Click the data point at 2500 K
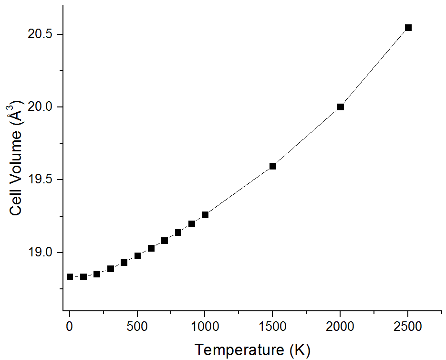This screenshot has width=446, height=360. (408, 28)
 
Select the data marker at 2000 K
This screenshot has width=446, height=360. (341, 107)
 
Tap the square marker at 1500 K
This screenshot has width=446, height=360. (273, 166)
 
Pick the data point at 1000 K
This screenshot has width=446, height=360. (205, 215)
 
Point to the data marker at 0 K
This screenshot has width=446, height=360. (70, 276)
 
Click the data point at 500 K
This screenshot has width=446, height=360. (137, 256)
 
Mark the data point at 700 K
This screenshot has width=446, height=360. (165, 241)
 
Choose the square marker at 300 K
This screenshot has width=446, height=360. (111, 269)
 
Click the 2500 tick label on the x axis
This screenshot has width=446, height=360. (408, 327)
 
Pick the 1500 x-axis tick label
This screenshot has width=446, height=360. (273, 327)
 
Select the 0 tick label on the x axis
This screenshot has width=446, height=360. (70, 327)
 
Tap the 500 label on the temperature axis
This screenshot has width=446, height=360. (137, 327)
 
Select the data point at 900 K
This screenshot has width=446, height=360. (192, 224)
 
